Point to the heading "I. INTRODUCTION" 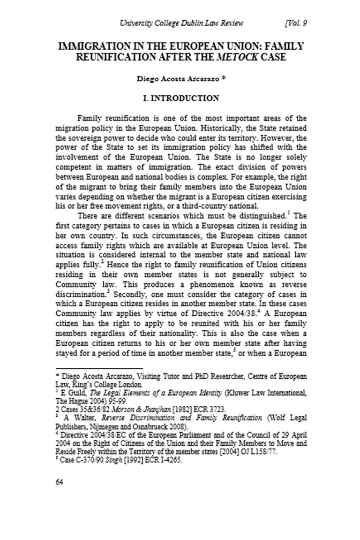pyautogui.click(x=180, y=98)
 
